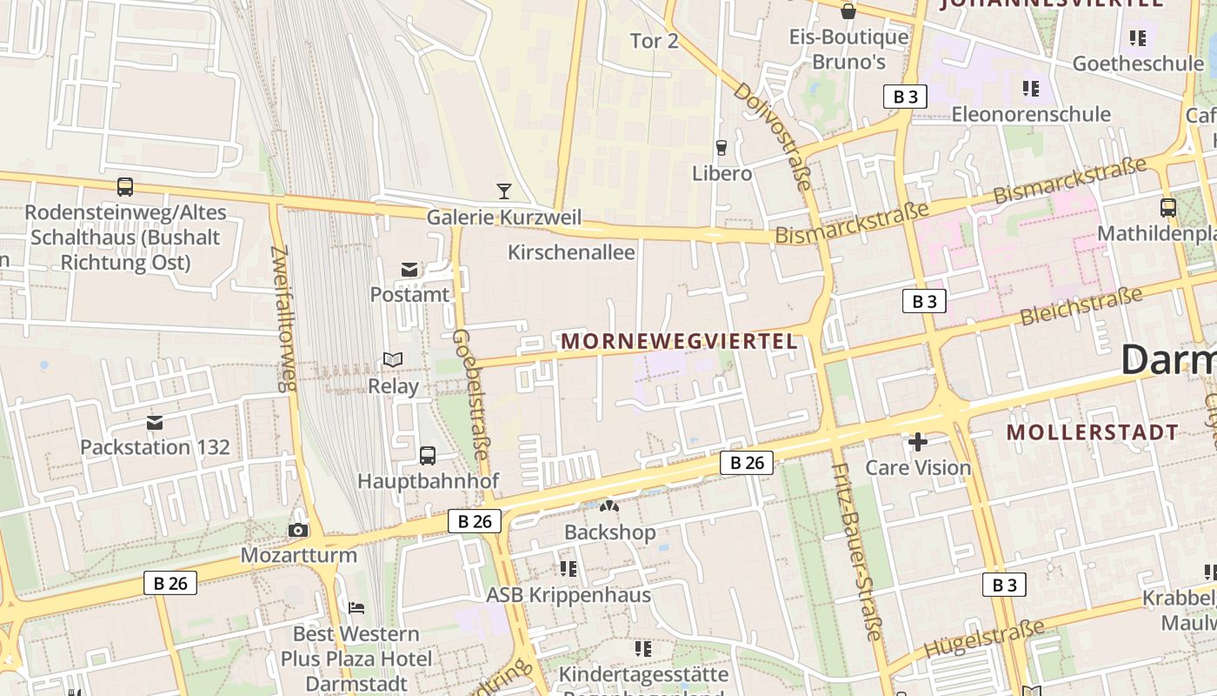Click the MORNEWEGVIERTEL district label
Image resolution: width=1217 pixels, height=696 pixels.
tap(679, 341)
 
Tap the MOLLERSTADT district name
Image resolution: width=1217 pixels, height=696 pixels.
tap(1093, 432)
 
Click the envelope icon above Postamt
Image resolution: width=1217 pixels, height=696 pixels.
tap(409, 270)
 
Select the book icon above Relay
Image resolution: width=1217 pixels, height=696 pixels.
tap(393, 359)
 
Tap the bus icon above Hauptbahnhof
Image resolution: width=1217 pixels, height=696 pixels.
tap(428, 455)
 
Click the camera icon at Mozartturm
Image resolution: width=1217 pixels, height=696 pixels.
tap(298, 530)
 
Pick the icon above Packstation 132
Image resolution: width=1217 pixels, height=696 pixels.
tap(155, 423)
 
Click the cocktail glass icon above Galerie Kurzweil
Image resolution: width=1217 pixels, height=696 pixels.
tap(503, 191)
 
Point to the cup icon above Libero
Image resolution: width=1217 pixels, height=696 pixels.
tap(721, 148)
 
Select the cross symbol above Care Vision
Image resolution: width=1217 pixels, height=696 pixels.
tap(917, 442)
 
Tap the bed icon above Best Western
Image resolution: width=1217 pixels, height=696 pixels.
tap(356, 607)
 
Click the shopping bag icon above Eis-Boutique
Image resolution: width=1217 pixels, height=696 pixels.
tap(848, 11)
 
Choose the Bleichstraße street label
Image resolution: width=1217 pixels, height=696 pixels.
tap(1081, 307)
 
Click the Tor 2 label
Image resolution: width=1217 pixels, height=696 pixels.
tap(654, 41)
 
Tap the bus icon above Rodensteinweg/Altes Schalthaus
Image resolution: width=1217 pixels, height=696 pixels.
tap(125, 186)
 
